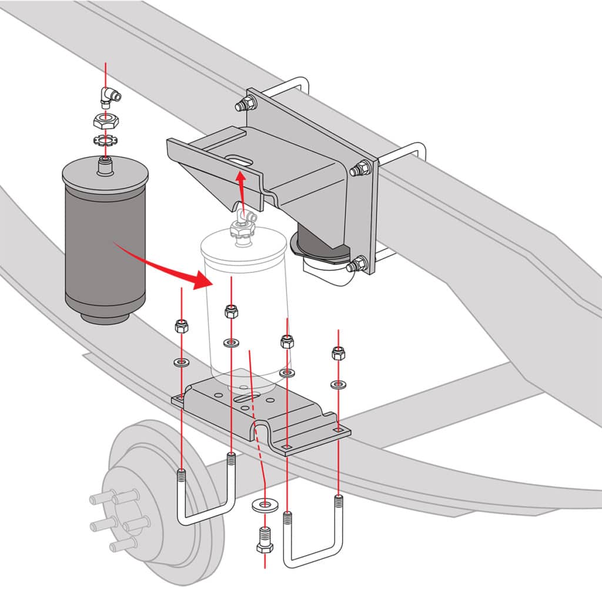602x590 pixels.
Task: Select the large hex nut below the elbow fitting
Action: [x=106, y=122]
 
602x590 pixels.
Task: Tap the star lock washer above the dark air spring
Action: [x=105, y=141]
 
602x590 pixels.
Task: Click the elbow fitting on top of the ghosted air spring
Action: [x=242, y=223]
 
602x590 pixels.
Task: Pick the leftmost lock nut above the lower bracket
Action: [x=181, y=327]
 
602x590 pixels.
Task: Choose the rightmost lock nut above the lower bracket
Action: [x=338, y=353]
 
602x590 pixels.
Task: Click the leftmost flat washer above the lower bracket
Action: [x=181, y=361]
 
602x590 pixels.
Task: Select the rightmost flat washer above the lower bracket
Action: [x=338, y=384]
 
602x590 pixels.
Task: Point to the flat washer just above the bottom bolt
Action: [x=264, y=505]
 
